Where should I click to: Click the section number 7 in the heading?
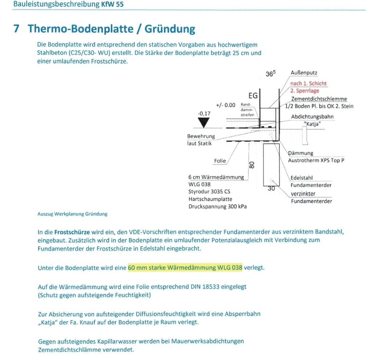pyautogui.click(x=16, y=29)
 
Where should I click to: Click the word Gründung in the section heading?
pyautogui.click(x=170, y=29)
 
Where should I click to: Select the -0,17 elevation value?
pyautogui.click(x=204, y=113)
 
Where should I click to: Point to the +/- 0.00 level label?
pyautogui.click(x=225, y=105)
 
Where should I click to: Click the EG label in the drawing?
pyautogui.click(x=253, y=96)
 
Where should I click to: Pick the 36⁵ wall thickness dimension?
pyautogui.click(x=270, y=73)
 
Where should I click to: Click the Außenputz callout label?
pyautogui.click(x=304, y=73)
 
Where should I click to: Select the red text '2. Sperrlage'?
pyautogui.click(x=305, y=91)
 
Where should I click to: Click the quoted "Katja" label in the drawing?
pyautogui.click(x=312, y=124)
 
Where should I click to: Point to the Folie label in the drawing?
pyautogui.click(x=220, y=161)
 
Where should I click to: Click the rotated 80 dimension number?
pyautogui.click(x=252, y=165)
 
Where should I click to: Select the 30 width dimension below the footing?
pyautogui.click(x=271, y=188)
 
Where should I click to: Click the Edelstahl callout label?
pyautogui.click(x=302, y=178)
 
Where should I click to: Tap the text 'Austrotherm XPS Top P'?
pyautogui.click(x=316, y=160)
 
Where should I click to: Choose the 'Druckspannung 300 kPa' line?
pyautogui.click(x=218, y=206)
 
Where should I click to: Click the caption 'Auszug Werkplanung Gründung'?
pyautogui.click(x=72, y=214)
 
